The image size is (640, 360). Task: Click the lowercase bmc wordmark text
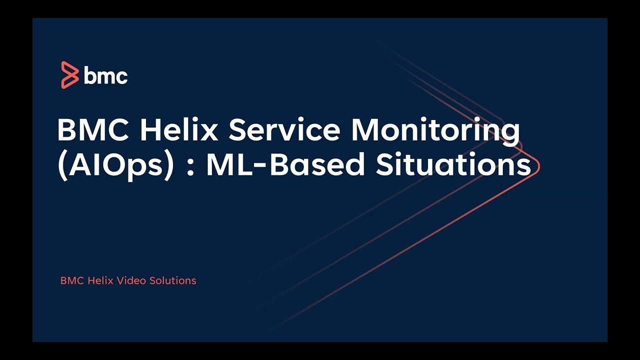click(x=105, y=76)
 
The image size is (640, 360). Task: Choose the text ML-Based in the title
click(x=285, y=165)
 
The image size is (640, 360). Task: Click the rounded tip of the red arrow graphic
click(x=538, y=166)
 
